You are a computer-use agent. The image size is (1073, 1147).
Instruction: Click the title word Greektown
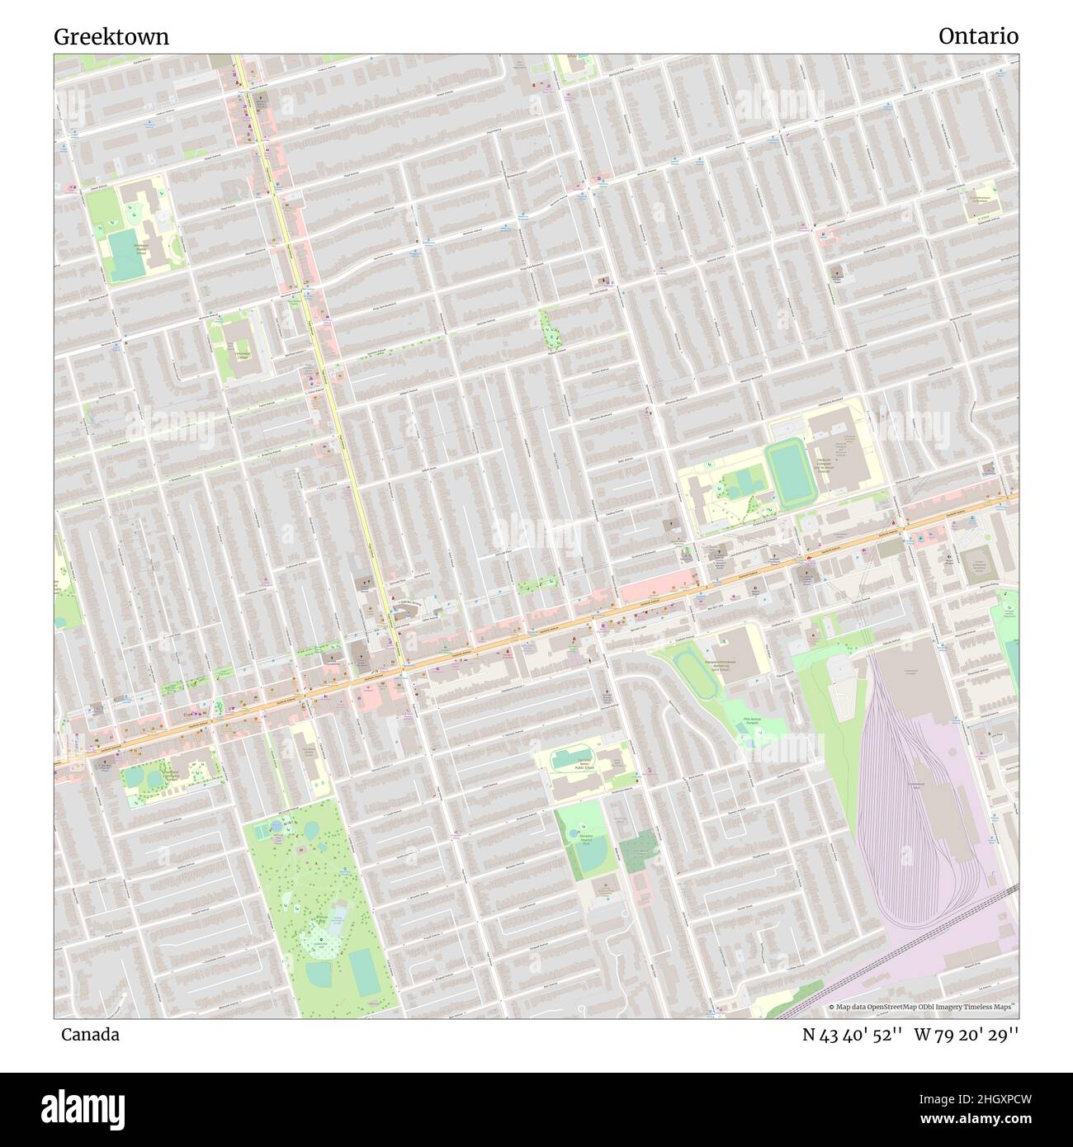(111, 36)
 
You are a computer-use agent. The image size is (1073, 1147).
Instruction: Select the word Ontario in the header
(977, 36)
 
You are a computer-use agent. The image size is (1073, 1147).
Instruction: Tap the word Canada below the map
(89, 1034)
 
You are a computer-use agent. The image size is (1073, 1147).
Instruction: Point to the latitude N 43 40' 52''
(853, 1034)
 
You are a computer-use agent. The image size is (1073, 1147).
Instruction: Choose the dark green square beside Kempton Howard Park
(638, 851)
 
